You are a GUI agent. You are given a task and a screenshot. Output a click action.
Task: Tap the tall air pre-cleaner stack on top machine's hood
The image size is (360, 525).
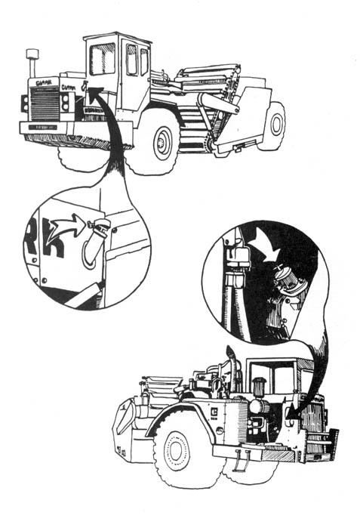click(32, 60)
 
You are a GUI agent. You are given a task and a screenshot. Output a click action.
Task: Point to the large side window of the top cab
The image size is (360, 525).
click(101, 58)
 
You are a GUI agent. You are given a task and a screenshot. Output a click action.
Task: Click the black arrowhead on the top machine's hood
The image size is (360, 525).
click(94, 94)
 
